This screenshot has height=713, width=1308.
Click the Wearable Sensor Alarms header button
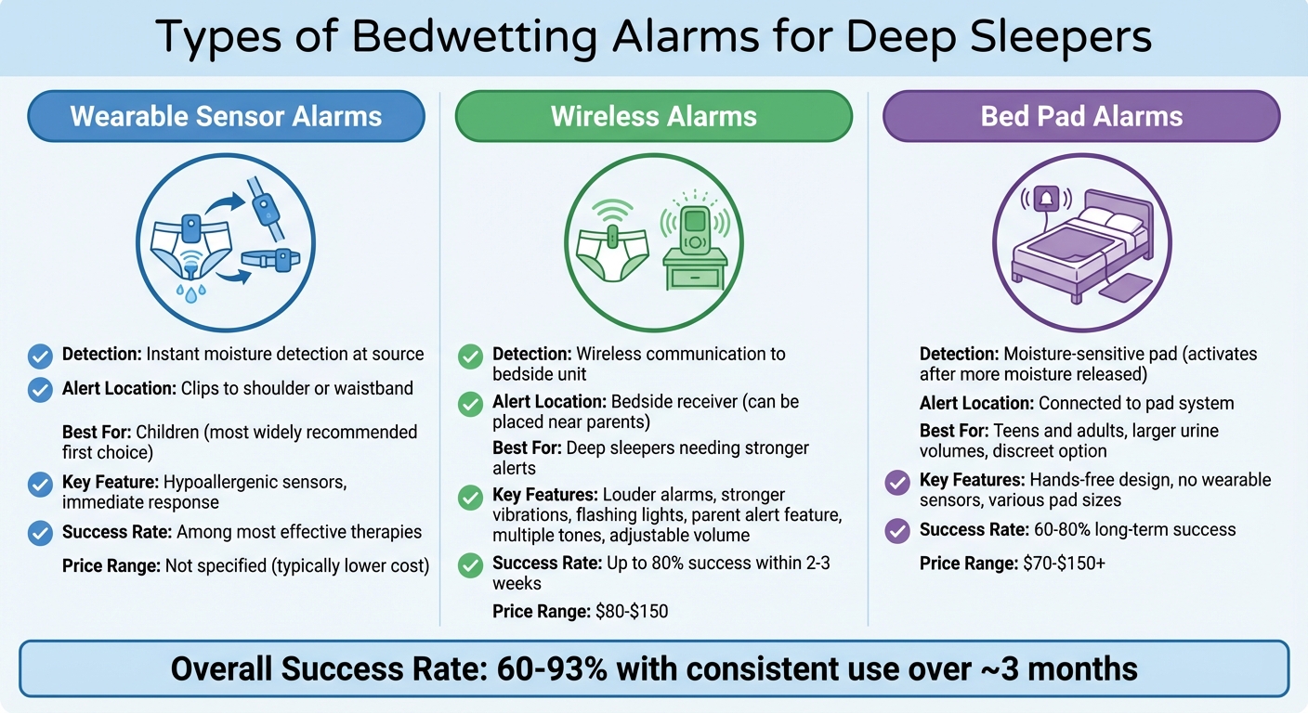tap(226, 116)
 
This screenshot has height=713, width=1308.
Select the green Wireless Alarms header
tap(653, 116)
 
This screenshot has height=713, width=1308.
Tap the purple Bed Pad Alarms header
tap(1081, 116)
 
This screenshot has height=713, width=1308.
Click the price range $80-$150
tap(631, 611)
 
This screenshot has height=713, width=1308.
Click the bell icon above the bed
tap(1046, 199)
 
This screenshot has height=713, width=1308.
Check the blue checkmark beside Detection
tap(40, 356)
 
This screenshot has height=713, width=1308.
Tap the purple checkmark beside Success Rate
tap(897, 531)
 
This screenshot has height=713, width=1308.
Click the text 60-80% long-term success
tap(1128, 530)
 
